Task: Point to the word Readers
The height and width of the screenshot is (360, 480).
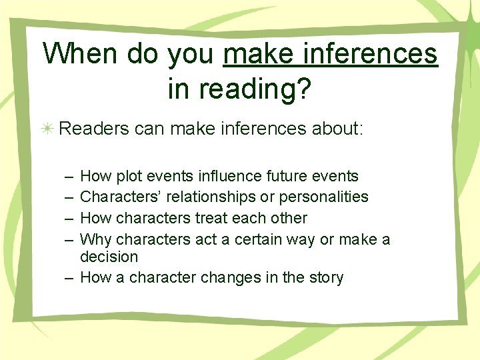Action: (94, 128)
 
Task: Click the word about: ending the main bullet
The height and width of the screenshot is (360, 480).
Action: (337, 128)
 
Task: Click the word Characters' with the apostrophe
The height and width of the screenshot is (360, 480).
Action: (117, 197)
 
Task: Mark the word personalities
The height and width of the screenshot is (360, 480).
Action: (327, 197)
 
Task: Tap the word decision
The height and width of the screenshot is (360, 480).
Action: (109, 257)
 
